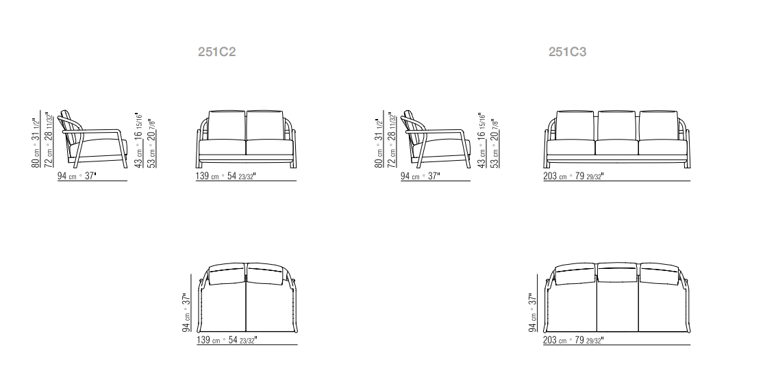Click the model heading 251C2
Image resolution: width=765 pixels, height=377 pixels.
pyautogui.click(x=216, y=52)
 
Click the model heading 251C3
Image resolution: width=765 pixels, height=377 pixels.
pyautogui.click(x=567, y=52)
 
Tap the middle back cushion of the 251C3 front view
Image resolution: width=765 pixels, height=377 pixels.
pyautogui.click(x=616, y=125)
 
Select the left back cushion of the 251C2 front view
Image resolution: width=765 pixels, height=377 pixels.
pyautogui.click(x=227, y=125)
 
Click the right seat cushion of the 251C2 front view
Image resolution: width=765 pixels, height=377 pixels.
pyautogui.click(x=270, y=148)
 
